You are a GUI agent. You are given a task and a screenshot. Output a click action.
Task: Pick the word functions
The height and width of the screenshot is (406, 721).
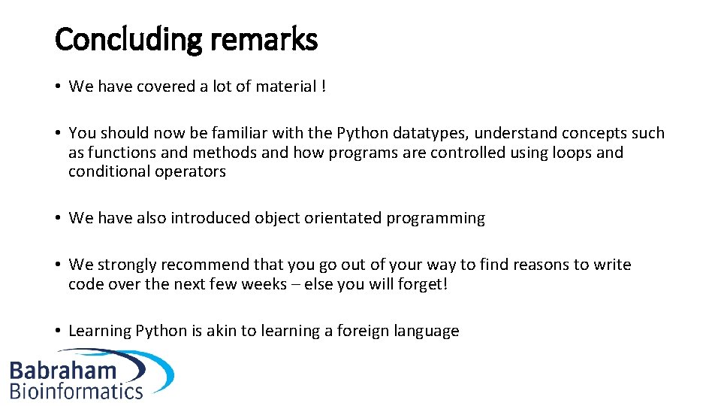[119, 153]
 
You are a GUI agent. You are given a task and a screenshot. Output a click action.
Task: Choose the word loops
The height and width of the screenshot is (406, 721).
[569, 153]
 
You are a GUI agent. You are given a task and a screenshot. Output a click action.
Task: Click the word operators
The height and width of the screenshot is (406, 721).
[191, 171]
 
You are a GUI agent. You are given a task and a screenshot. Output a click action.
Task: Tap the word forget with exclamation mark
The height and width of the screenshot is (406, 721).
[423, 284]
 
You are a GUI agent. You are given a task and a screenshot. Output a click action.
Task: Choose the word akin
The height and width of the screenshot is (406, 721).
[224, 331]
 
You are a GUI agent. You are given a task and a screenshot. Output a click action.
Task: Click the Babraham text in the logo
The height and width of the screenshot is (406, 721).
[63, 371]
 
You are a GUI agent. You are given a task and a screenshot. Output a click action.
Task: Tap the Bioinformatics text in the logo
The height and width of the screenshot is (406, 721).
[77, 390]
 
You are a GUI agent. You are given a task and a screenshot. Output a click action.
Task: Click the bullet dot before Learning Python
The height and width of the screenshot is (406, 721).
[59, 332]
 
